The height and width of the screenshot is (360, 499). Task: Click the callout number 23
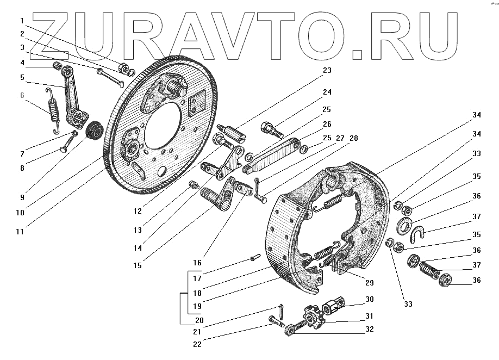[326, 70]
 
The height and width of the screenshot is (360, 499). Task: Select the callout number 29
[369, 283]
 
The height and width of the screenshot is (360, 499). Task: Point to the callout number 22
[197, 343]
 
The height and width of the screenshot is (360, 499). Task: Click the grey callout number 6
[22, 96]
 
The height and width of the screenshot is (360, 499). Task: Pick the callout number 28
[353, 139]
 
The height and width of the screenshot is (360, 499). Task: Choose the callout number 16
[197, 263]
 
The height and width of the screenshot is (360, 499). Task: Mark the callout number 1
[22, 21]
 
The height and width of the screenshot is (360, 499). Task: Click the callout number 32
[370, 330]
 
